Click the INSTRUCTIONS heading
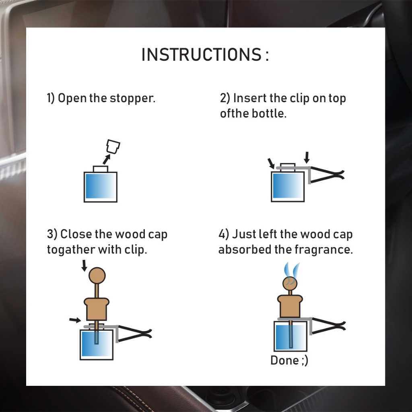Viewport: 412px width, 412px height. [205, 55]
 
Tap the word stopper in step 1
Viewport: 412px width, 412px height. [132, 98]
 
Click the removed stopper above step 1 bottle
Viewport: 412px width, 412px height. [113, 146]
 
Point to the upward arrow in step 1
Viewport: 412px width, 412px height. [106, 159]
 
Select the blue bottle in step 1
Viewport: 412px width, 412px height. [100, 187]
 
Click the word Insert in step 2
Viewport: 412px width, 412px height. [249, 98]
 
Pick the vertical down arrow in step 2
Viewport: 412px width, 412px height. [307, 157]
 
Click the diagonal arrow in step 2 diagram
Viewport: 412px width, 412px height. [271, 163]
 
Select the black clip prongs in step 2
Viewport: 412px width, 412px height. [328, 175]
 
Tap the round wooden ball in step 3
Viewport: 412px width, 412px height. [97, 276]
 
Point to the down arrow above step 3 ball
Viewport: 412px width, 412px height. [84, 266]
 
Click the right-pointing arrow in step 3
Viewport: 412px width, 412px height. [75, 320]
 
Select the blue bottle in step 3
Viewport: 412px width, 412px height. [97, 345]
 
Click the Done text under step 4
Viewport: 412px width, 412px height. [289, 360]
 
